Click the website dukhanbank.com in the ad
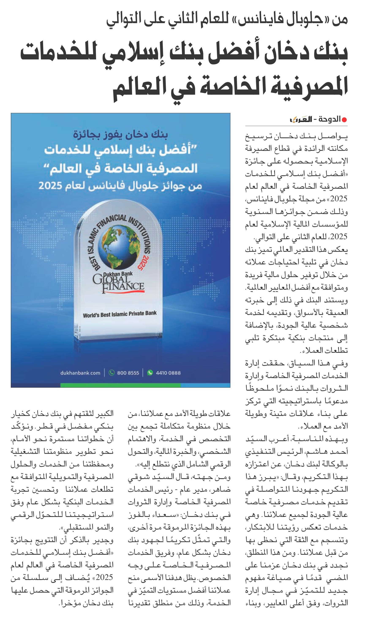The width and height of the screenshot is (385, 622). click(80, 373)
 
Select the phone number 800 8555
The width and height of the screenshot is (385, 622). click(128, 373)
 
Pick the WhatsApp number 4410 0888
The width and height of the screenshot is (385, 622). click(168, 373)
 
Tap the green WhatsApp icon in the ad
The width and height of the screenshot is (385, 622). click(150, 373)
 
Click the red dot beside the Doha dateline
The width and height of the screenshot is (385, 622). click(344, 120)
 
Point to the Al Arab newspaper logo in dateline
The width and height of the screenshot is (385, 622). click(301, 119)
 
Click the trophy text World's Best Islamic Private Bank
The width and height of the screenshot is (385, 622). click(120, 314)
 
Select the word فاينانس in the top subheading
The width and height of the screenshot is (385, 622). click(257, 20)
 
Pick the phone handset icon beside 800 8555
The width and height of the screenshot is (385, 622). click(111, 373)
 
